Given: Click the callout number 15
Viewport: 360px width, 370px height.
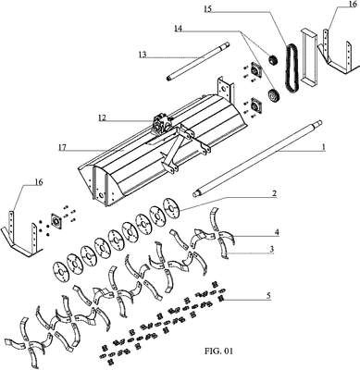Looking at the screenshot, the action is coord(208,9).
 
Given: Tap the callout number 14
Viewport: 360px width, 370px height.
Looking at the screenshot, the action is coord(178,29).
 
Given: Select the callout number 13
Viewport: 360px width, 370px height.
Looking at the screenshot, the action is coord(143,55).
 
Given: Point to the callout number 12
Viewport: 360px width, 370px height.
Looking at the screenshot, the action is coord(102,117).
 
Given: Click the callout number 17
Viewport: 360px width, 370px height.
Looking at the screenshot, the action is coord(62,147).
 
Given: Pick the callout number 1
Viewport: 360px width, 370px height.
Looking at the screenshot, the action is coord(324,147).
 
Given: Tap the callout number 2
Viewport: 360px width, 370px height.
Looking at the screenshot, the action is coord(274,193).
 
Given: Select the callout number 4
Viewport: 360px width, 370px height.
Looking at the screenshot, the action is coord(277,232).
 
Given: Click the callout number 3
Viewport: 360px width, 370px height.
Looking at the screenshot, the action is coord(271,249).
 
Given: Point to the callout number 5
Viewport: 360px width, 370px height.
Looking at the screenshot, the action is coord(268,296).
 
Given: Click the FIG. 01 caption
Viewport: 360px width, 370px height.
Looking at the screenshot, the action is coord(218,351).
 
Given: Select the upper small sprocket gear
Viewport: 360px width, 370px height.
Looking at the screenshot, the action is coord(273,59).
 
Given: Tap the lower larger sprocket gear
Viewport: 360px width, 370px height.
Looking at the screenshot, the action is coord(273,95).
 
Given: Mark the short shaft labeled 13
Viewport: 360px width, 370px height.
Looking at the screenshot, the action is coord(198,61).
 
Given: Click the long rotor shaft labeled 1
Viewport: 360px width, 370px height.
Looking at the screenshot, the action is coord(257,158).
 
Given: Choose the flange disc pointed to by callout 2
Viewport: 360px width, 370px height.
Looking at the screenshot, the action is coord(171,207).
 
